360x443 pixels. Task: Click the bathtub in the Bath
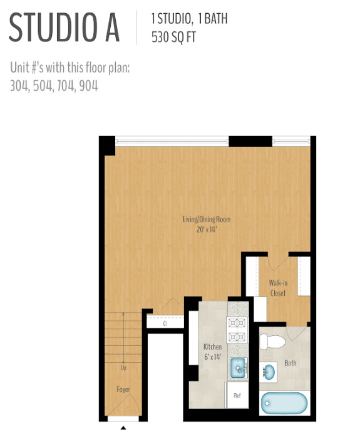[x=284, y=403]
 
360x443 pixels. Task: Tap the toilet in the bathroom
[x=272, y=342]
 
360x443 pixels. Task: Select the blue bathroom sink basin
[x=269, y=372]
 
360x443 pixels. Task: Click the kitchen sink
[x=239, y=369]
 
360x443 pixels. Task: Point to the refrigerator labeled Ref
[x=237, y=395]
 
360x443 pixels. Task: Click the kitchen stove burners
[x=237, y=329]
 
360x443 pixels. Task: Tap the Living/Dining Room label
[x=207, y=219]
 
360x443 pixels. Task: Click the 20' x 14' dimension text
[x=207, y=230]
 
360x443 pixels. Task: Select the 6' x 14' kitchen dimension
[x=213, y=357]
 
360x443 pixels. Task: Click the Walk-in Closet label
[x=278, y=288]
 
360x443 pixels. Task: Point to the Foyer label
[x=123, y=389]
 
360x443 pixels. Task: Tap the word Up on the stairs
[x=123, y=368]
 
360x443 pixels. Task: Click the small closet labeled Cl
[x=165, y=323]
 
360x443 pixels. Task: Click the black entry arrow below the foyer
[x=123, y=428]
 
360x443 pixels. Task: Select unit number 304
[x=19, y=86]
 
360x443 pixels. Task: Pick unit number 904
[x=88, y=86]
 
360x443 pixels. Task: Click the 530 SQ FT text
[x=173, y=37]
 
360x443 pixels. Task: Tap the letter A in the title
[x=113, y=28]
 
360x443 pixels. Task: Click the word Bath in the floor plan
[x=291, y=363]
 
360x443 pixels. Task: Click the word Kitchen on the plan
[x=213, y=347]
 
